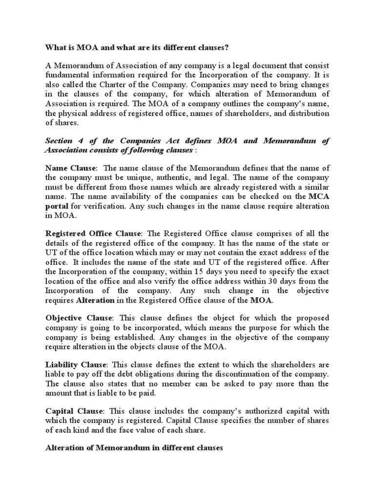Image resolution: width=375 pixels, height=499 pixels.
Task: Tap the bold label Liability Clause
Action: [x=76, y=364]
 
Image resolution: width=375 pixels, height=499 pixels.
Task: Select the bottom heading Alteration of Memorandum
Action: [x=103, y=447]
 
